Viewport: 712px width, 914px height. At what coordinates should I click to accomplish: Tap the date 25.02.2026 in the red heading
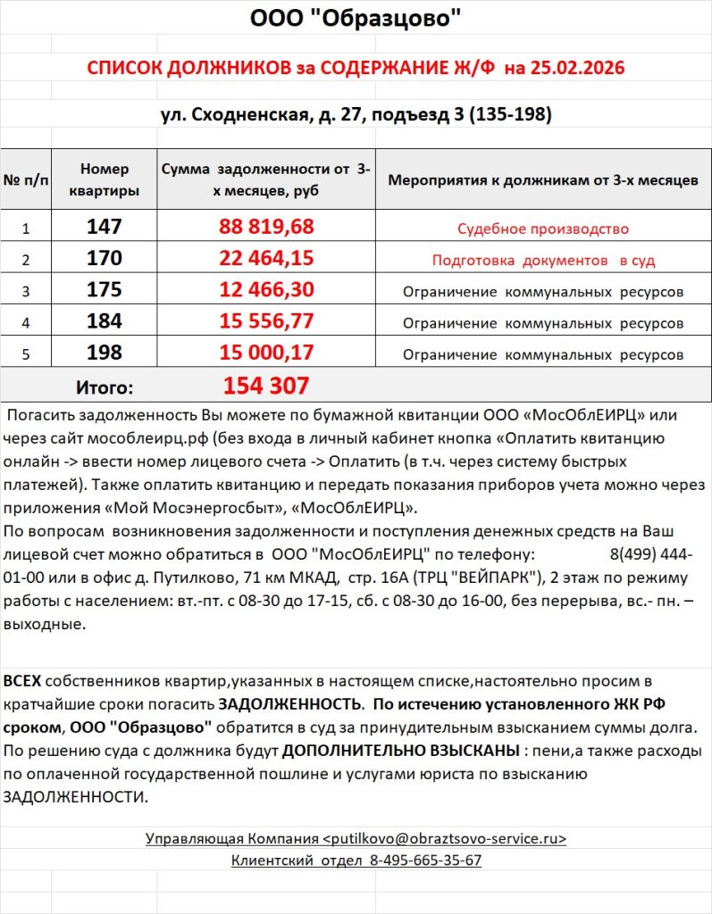tap(578, 69)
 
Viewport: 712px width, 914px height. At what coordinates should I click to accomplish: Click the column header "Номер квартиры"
tap(105, 179)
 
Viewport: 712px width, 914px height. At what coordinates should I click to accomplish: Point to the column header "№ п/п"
tap(26, 179)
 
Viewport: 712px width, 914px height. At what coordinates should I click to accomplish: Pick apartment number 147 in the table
tap(105, 227)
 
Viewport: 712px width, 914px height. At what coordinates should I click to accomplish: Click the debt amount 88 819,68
tap(266, 227)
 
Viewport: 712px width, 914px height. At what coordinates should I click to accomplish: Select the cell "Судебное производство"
tap(543, 228)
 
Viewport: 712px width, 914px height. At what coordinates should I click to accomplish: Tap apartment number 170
tap(105, 259)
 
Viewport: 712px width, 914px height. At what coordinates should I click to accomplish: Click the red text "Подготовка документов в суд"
tap(543, 261)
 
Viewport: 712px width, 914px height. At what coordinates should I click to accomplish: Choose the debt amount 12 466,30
tap(266, 290)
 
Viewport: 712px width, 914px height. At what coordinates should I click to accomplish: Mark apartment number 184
tap(105, 321)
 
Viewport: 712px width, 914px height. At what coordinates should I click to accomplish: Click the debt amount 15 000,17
tap(266, 353)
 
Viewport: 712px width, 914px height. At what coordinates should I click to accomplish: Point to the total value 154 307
tap(266, 386)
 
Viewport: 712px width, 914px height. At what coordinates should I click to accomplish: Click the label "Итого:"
tap(105, 387)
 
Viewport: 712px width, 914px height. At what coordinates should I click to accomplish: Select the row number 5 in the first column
tap(26, 354)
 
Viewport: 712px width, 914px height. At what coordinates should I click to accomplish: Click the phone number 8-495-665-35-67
tap(425, 860)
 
